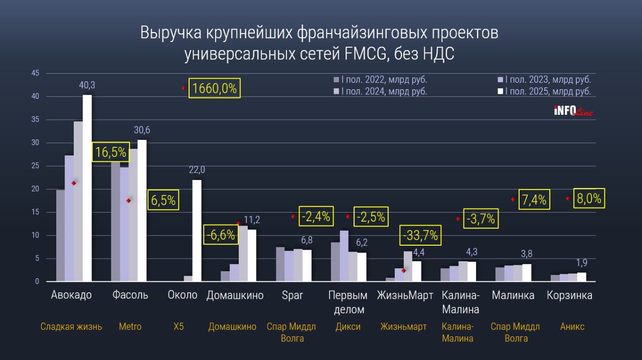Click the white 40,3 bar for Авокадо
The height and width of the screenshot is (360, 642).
click(x=87, y=188)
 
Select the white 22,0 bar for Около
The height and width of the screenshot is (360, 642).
click(x=197, y=231)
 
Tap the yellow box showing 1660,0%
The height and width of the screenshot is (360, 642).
click(x=214, y=88)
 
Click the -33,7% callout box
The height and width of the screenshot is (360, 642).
click(x=419, y=235)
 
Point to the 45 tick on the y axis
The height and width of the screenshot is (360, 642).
click(x=35, y=73)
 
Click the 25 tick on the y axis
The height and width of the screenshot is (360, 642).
click(x=35, y=166)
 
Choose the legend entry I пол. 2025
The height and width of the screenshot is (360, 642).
click(x=547, y=91)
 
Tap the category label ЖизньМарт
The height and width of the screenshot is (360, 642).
click(x=405, y=295)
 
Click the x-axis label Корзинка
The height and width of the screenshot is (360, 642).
click(x=569, y=295)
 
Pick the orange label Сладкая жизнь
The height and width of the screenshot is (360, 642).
click(x=71, y=327)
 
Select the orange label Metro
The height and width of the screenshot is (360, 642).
click(x=130, y=327)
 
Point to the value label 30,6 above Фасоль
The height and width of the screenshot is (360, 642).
click(x=142, y=130)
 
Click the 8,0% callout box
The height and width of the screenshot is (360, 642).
click(x=589, y=199)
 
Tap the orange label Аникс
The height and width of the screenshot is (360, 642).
click(x=572, y=327)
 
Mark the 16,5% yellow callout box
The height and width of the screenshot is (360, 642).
click(x=110, y=152)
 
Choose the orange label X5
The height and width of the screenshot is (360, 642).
click(x=179, y=327)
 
